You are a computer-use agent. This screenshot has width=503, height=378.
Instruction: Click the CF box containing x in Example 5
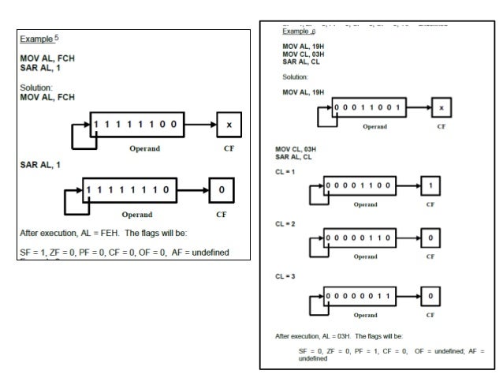tap(229, 125)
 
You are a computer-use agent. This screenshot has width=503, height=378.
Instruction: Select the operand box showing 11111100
tap(136, 125)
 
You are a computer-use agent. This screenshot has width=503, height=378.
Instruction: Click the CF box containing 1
tap(430, 186)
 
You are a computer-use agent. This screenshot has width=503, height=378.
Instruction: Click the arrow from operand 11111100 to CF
tap(200, 125)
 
